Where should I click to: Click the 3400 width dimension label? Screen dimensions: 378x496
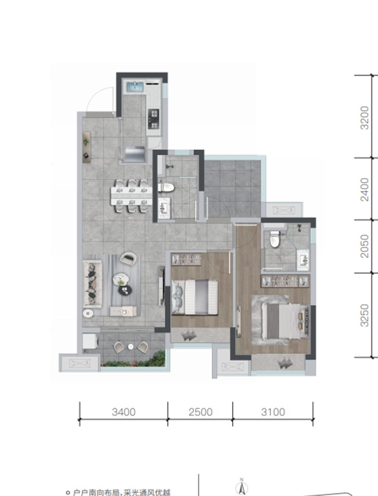124,412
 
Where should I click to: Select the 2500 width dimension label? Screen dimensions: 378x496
201,412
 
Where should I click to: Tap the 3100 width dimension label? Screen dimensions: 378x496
273,412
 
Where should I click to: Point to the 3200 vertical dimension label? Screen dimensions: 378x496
365,118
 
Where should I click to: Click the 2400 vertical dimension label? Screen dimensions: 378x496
365,189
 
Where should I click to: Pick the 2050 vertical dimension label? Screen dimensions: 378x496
365,246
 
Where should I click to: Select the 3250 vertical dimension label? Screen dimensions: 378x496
365,315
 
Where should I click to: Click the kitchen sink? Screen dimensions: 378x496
135,86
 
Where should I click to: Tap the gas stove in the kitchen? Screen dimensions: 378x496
154,119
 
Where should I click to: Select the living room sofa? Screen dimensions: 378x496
92,284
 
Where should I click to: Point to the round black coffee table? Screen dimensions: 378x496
125,290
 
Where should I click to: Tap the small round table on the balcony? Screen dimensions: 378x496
131,347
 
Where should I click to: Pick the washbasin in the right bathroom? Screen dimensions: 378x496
303,260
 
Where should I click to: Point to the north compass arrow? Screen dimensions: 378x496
242,487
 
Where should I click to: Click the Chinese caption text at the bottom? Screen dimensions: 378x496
122,492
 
